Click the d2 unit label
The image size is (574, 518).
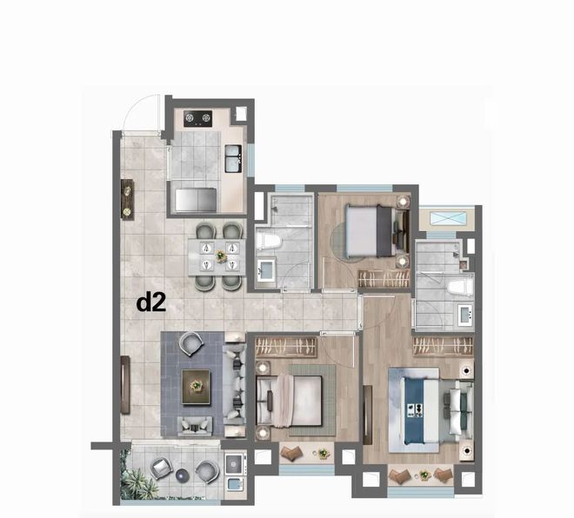(151, 303)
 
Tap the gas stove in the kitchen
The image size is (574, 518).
(197, 118)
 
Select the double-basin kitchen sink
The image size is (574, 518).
(233, 158)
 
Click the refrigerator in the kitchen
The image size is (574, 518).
(196, 200)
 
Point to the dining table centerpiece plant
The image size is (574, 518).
(221, 256)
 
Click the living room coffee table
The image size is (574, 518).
(197, 387)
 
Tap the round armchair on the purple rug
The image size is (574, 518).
(190, 343)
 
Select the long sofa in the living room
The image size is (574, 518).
(234, 385)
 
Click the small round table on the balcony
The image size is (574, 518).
(182, 475)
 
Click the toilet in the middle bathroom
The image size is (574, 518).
(268, 242)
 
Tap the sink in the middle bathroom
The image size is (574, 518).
(266, 270)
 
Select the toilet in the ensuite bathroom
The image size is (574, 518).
(460, 287)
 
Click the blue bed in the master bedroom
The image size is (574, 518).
(421, 410)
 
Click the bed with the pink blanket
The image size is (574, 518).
(290, 402)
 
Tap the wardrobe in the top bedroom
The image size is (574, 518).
(384, 280)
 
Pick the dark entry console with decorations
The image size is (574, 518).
(127, 200)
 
